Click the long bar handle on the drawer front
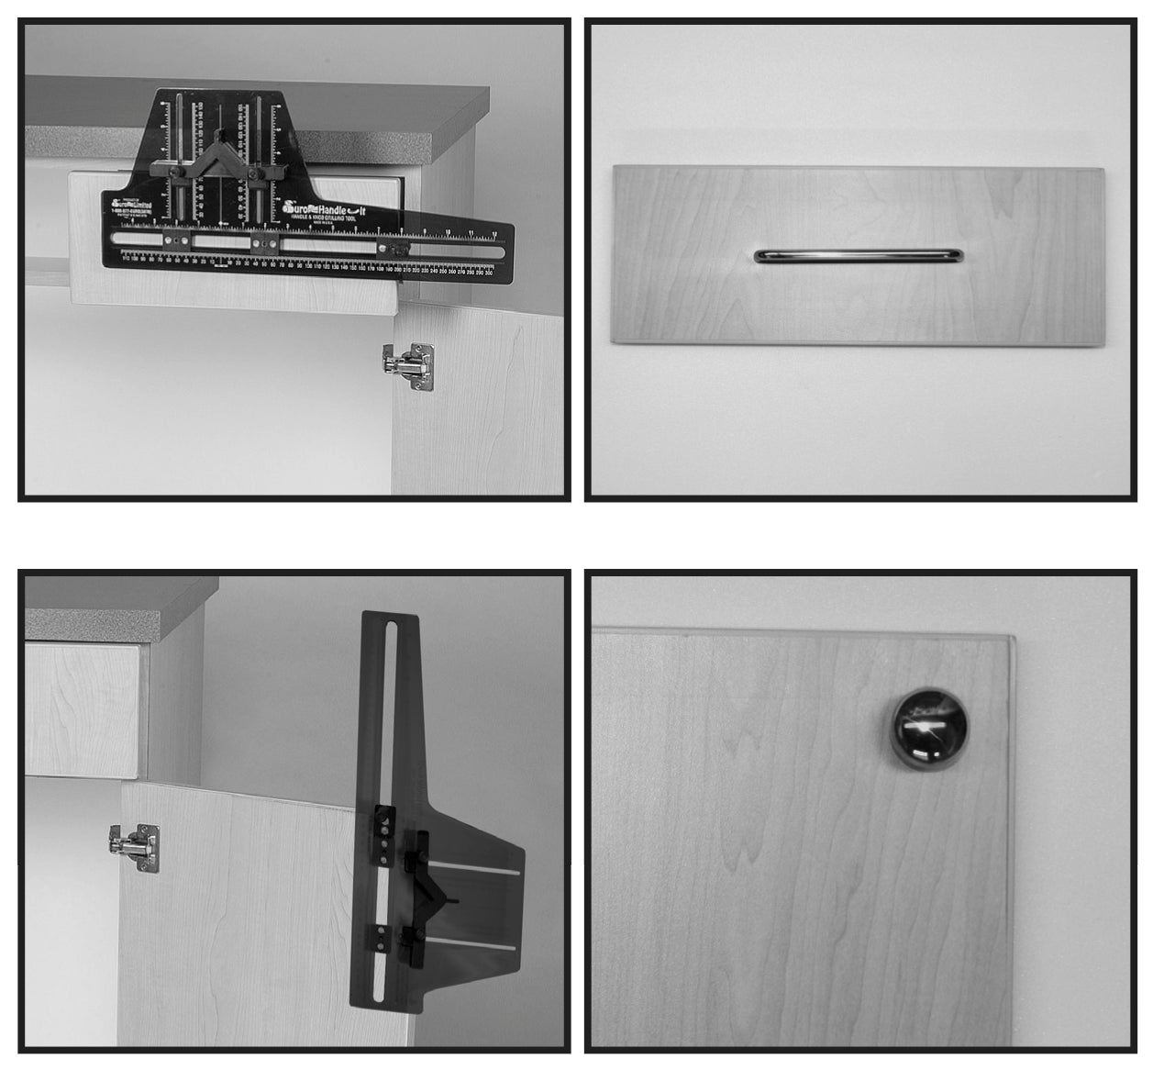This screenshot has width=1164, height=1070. (x=858, y=256)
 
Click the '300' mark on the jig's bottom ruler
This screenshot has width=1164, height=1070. (x=488, y=273)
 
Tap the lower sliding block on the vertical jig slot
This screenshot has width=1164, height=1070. (x=378, y=938)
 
